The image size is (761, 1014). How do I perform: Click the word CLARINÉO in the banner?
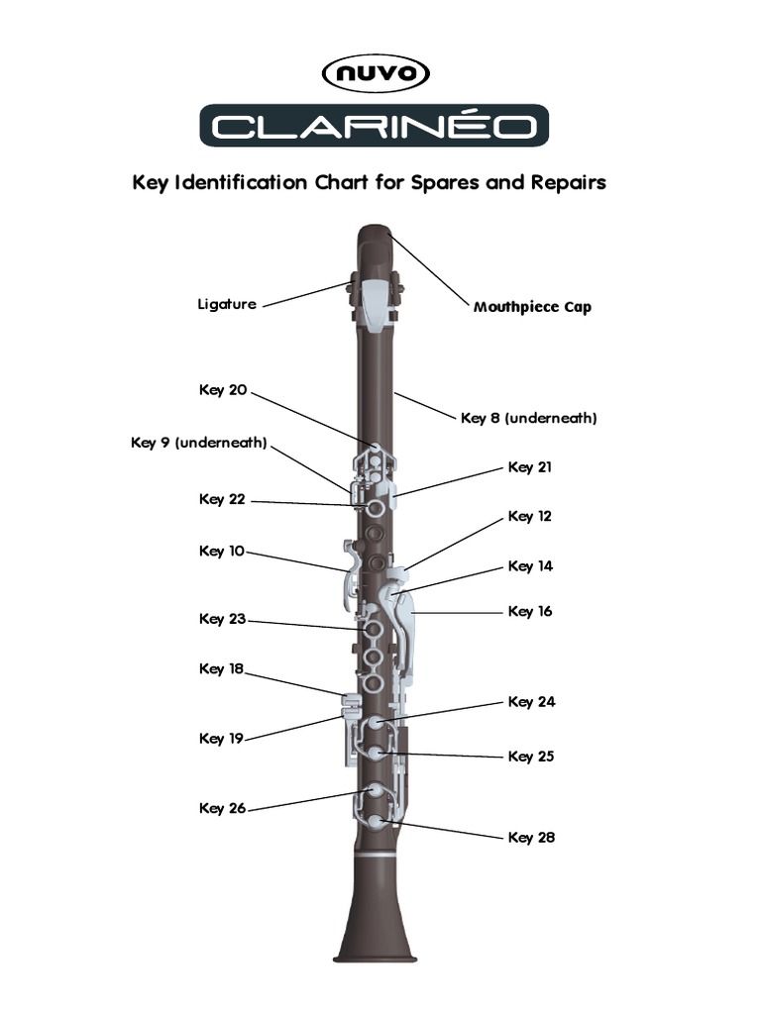tap(375, 126)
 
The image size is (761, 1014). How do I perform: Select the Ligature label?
tap(226, 304)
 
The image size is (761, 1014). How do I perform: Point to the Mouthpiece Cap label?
tap(532, 307)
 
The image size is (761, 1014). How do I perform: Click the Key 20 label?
tap(223, 389)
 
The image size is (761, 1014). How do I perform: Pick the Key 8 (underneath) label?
tap(528, 418)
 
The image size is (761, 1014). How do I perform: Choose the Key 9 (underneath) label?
tap(199, 442)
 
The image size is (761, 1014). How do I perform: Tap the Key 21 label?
tap(530, 466)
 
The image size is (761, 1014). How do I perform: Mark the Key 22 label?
tap(223, 499)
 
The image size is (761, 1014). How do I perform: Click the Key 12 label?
tap(530, 516)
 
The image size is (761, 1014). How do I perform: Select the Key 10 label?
tap(222, 551)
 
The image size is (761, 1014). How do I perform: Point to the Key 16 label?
tap(530, 611)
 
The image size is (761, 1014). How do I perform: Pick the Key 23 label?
tap(223, 619)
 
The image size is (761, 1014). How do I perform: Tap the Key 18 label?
tap(222, 668)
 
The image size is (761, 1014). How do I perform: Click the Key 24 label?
tap(532, 702)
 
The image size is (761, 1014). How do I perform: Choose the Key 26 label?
tap(223, 808)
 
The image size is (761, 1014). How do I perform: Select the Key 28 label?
tap(532, 837)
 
